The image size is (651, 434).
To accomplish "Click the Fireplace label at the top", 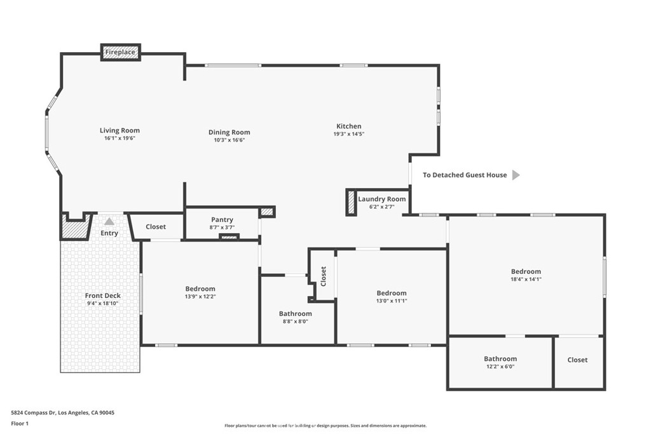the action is click(x=120, y=52).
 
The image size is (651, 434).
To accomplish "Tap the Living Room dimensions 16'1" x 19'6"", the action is click(x=120, y=138).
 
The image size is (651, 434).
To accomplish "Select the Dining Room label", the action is click(x=229, y=132).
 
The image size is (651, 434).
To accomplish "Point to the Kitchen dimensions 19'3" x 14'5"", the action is click(x=349, y=134).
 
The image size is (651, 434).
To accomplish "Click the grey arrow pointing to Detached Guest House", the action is click(x=516, y=175).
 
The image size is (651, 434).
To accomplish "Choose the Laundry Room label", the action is click(x=382, y=199).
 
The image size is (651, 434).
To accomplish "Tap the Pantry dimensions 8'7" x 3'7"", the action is click(x=222, y=227).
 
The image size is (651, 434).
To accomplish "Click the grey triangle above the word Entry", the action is click(x=109, y=222).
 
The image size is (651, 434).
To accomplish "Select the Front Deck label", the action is click(x=102, y=295).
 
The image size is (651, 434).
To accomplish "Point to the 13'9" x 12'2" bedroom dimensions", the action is click(x=200, y=297).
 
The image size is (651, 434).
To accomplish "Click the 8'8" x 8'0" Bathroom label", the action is click(x=295, y=314).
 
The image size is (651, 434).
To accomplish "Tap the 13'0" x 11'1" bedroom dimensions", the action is click(x=392, y=301).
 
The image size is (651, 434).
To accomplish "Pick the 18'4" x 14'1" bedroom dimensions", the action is click(x=526, y=279).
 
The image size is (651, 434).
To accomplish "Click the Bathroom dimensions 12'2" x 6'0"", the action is click(x=500, y=367).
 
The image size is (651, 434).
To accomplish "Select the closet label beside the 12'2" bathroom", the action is click(x=577, y=360).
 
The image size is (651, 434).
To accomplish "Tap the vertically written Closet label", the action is click(x=324, y=276).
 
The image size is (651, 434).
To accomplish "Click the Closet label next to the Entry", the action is click(x=156, y=227).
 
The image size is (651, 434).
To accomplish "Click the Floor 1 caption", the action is click(x=20, y=424).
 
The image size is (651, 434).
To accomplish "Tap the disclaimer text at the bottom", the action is click(x=325, y=426).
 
